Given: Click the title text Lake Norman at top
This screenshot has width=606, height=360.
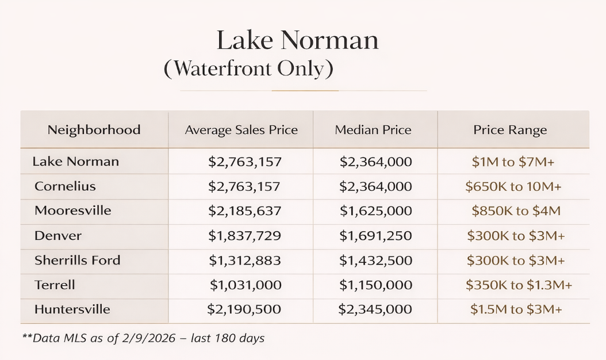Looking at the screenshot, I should pos(297,41).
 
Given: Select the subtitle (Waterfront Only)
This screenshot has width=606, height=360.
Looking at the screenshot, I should pos(248,69).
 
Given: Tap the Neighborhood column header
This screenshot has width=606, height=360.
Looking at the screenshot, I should pos(94,130).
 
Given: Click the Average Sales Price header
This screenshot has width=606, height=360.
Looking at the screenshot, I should pos(241,130).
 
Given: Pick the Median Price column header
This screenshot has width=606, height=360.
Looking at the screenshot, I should pos(373,130).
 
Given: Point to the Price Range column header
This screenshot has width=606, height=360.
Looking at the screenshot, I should pos(510,130).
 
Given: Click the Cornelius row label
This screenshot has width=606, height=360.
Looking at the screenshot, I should pos(65,186).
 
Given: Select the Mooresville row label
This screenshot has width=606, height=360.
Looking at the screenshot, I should pos(72,210).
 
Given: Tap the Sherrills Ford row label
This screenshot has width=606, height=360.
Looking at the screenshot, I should pos(77,260).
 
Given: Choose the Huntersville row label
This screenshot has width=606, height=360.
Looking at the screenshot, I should pos(72,309).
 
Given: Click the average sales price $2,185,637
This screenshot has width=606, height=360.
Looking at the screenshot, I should pos(244,211).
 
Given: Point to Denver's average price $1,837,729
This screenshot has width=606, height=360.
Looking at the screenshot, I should pos(244,236).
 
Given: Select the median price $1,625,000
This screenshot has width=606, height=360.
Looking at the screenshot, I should pos(375,211).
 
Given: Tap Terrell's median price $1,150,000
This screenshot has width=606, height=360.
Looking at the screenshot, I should pos(375,285).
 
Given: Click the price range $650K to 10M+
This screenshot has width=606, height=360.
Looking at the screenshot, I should pos(513,187).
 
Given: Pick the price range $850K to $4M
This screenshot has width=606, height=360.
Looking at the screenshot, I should pos(516,211).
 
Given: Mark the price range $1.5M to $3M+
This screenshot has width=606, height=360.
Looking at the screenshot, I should pos(516,309).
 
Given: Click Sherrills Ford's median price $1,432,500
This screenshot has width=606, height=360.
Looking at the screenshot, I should pos(375,261).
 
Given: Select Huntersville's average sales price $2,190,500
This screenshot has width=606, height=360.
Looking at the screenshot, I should pos(244,309).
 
